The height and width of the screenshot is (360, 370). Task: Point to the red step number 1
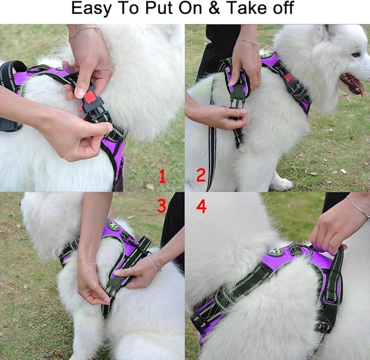162,176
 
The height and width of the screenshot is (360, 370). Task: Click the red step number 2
201,175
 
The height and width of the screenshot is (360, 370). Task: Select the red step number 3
161,206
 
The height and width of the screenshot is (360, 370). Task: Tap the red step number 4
201,207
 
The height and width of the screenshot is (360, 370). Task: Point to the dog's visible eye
355,54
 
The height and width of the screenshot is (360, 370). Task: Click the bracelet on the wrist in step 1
86,30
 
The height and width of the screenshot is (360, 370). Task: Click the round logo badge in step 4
276,252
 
